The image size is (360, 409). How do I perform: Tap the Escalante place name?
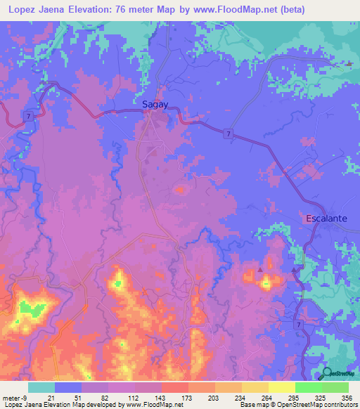tap(326, 219)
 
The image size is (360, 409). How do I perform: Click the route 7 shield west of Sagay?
tap(27, 115)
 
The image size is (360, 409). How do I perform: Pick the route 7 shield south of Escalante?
tap(300, 324)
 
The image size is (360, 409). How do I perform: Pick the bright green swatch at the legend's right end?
tap(335, 387)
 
